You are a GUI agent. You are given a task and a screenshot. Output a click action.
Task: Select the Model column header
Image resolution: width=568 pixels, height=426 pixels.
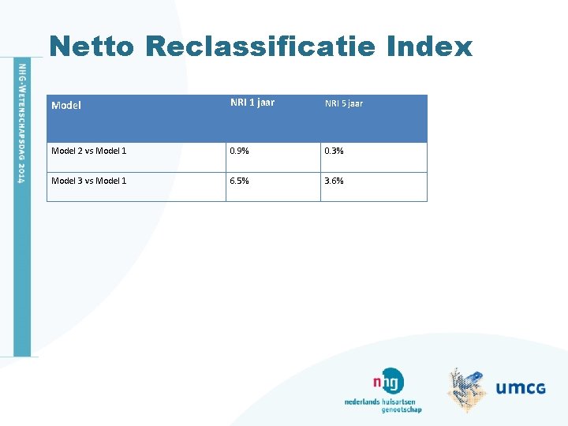point(66,105)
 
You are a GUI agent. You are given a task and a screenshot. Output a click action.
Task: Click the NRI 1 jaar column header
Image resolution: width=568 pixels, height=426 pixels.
point(252,103)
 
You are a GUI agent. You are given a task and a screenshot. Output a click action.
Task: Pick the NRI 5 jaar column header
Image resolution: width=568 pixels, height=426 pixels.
point(344,103)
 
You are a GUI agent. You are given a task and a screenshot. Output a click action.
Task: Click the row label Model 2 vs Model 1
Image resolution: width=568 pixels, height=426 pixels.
point(88,151)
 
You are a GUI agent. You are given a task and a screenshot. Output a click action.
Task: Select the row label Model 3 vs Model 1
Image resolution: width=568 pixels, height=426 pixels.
point(88,181)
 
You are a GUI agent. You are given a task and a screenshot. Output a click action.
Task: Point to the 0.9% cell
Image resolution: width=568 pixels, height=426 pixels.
point(240,151)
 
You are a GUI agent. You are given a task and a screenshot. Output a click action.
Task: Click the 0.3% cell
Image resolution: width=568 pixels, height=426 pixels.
point(334,151)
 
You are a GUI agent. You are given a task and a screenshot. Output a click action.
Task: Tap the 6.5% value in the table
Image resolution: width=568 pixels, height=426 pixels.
point(240,181)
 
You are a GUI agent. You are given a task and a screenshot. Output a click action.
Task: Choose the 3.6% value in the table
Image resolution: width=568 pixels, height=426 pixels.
point(334,181)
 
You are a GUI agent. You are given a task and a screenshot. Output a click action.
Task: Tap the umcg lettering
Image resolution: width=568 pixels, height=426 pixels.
point(521,387)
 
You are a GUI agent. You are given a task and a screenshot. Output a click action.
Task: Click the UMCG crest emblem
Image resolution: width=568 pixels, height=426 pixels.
point(469,389)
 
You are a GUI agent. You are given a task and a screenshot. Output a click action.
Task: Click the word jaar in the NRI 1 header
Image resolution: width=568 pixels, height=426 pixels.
point(263,103)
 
